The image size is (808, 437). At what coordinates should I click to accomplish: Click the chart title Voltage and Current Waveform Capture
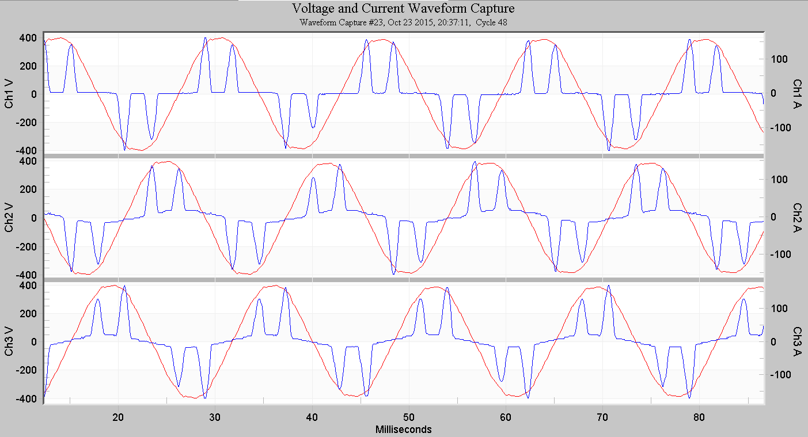pyautogui.click(x=403, y=9)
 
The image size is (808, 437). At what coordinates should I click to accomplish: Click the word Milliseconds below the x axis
pyautogui.click(x=403, y=430)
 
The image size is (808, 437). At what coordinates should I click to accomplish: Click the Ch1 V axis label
pyautogui.click(x=10, y=94)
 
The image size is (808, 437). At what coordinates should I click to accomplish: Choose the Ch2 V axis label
pyautogui.click(x=10, y=218)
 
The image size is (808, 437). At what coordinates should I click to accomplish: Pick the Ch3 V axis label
pyautogui.click(x=10, y=342)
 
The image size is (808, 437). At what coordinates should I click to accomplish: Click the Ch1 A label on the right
pyautogui.click(x=798, y=93)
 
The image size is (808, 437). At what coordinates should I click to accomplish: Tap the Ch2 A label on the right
pyautogui.click(x=798, y=217)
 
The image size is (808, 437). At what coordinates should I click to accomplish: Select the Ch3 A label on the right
pyautogui.click(x=798, y=341)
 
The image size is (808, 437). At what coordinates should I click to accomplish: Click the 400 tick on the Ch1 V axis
pyautogui.click(x=29, y=39)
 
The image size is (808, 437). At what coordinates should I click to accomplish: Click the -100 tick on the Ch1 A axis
pyautogui.click(x=777, y=127)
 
